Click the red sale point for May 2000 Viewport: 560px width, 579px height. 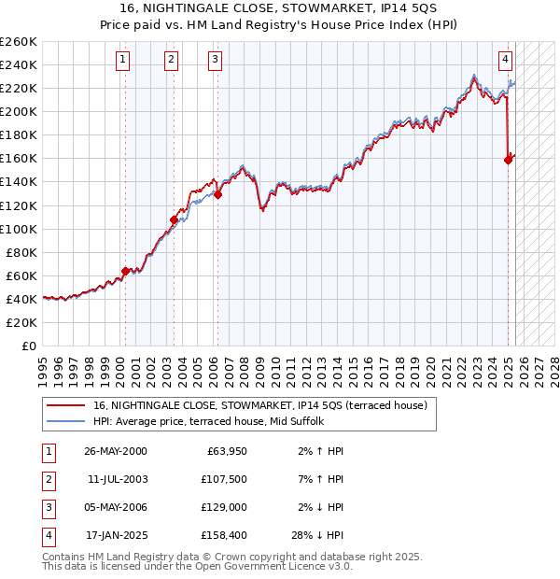click(x=125, y=271)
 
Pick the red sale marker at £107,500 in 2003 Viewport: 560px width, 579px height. click(x=174, y=219)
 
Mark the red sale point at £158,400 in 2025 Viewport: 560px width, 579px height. click(x=509, y=160)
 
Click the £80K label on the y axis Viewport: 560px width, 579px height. click(x=21, y=252)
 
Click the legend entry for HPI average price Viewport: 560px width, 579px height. click(x=208, y=421)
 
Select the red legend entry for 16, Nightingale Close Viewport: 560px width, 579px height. click(x=259, y=405)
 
